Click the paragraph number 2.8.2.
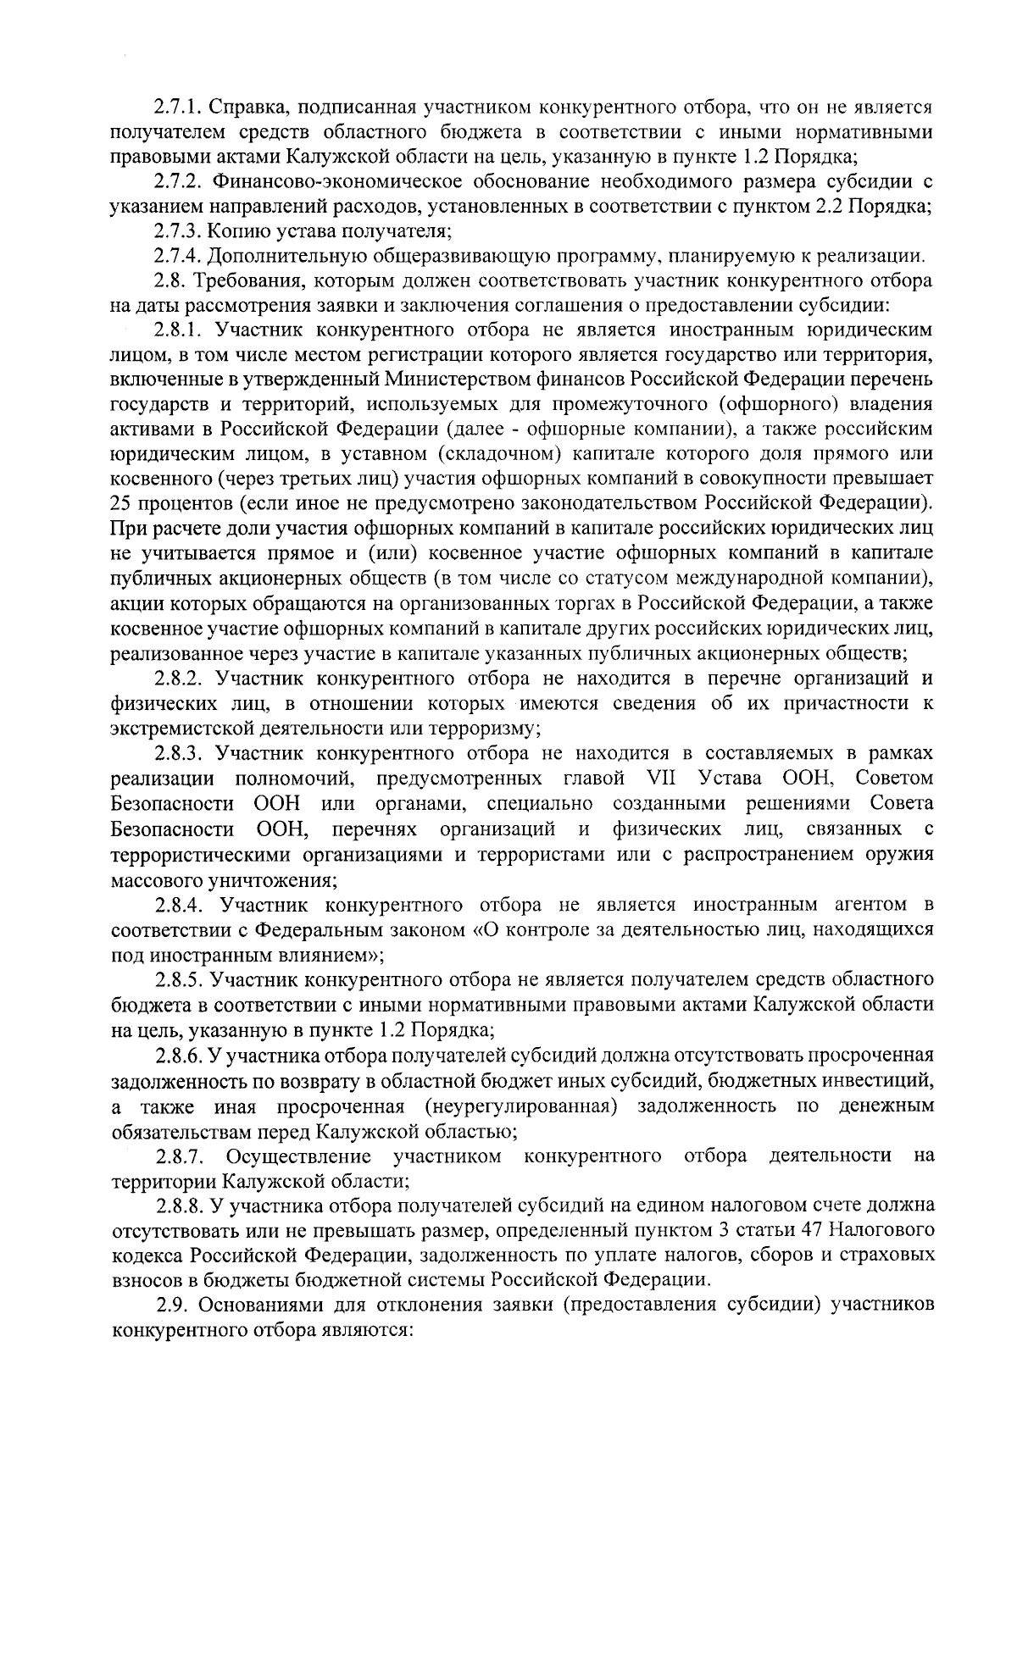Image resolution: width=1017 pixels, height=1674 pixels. [181, 679]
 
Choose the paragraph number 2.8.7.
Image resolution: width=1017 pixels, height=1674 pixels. [181, 1156]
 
